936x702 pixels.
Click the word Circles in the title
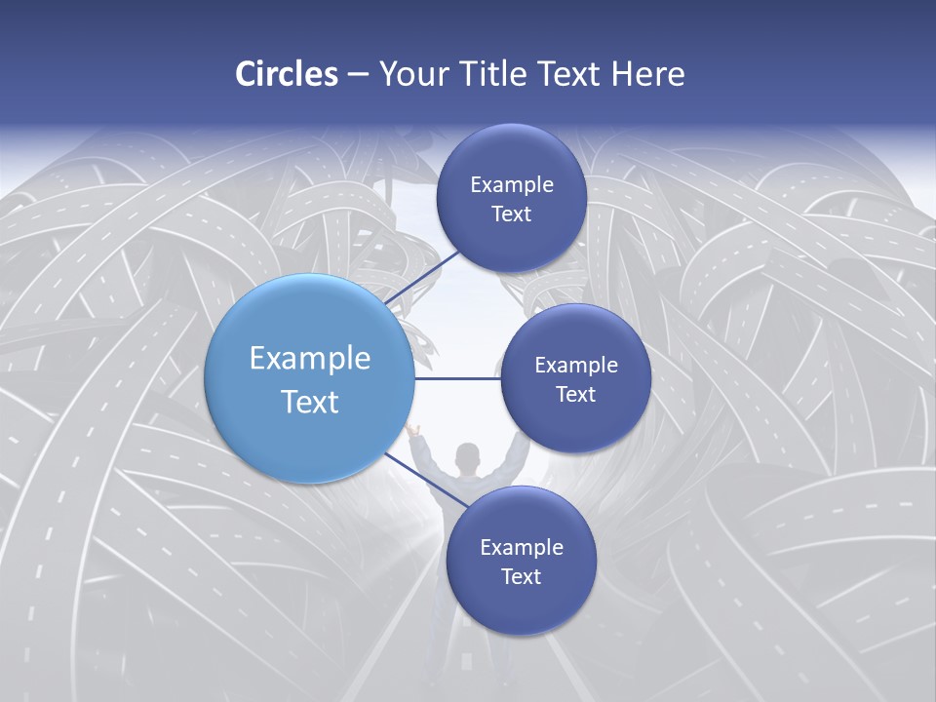[286, 74]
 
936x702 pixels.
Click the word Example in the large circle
[310, 359]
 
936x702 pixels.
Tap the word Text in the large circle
[310, 402]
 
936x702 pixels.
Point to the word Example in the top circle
[512, 185]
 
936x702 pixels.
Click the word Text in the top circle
[511, 214]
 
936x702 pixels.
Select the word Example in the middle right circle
[576, 366]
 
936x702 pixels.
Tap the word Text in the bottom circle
[521, 576]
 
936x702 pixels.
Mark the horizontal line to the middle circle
[458, 378]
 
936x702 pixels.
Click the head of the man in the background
[468, 455]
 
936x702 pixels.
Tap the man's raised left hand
[412, 430]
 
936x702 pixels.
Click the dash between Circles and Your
[357, 75]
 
